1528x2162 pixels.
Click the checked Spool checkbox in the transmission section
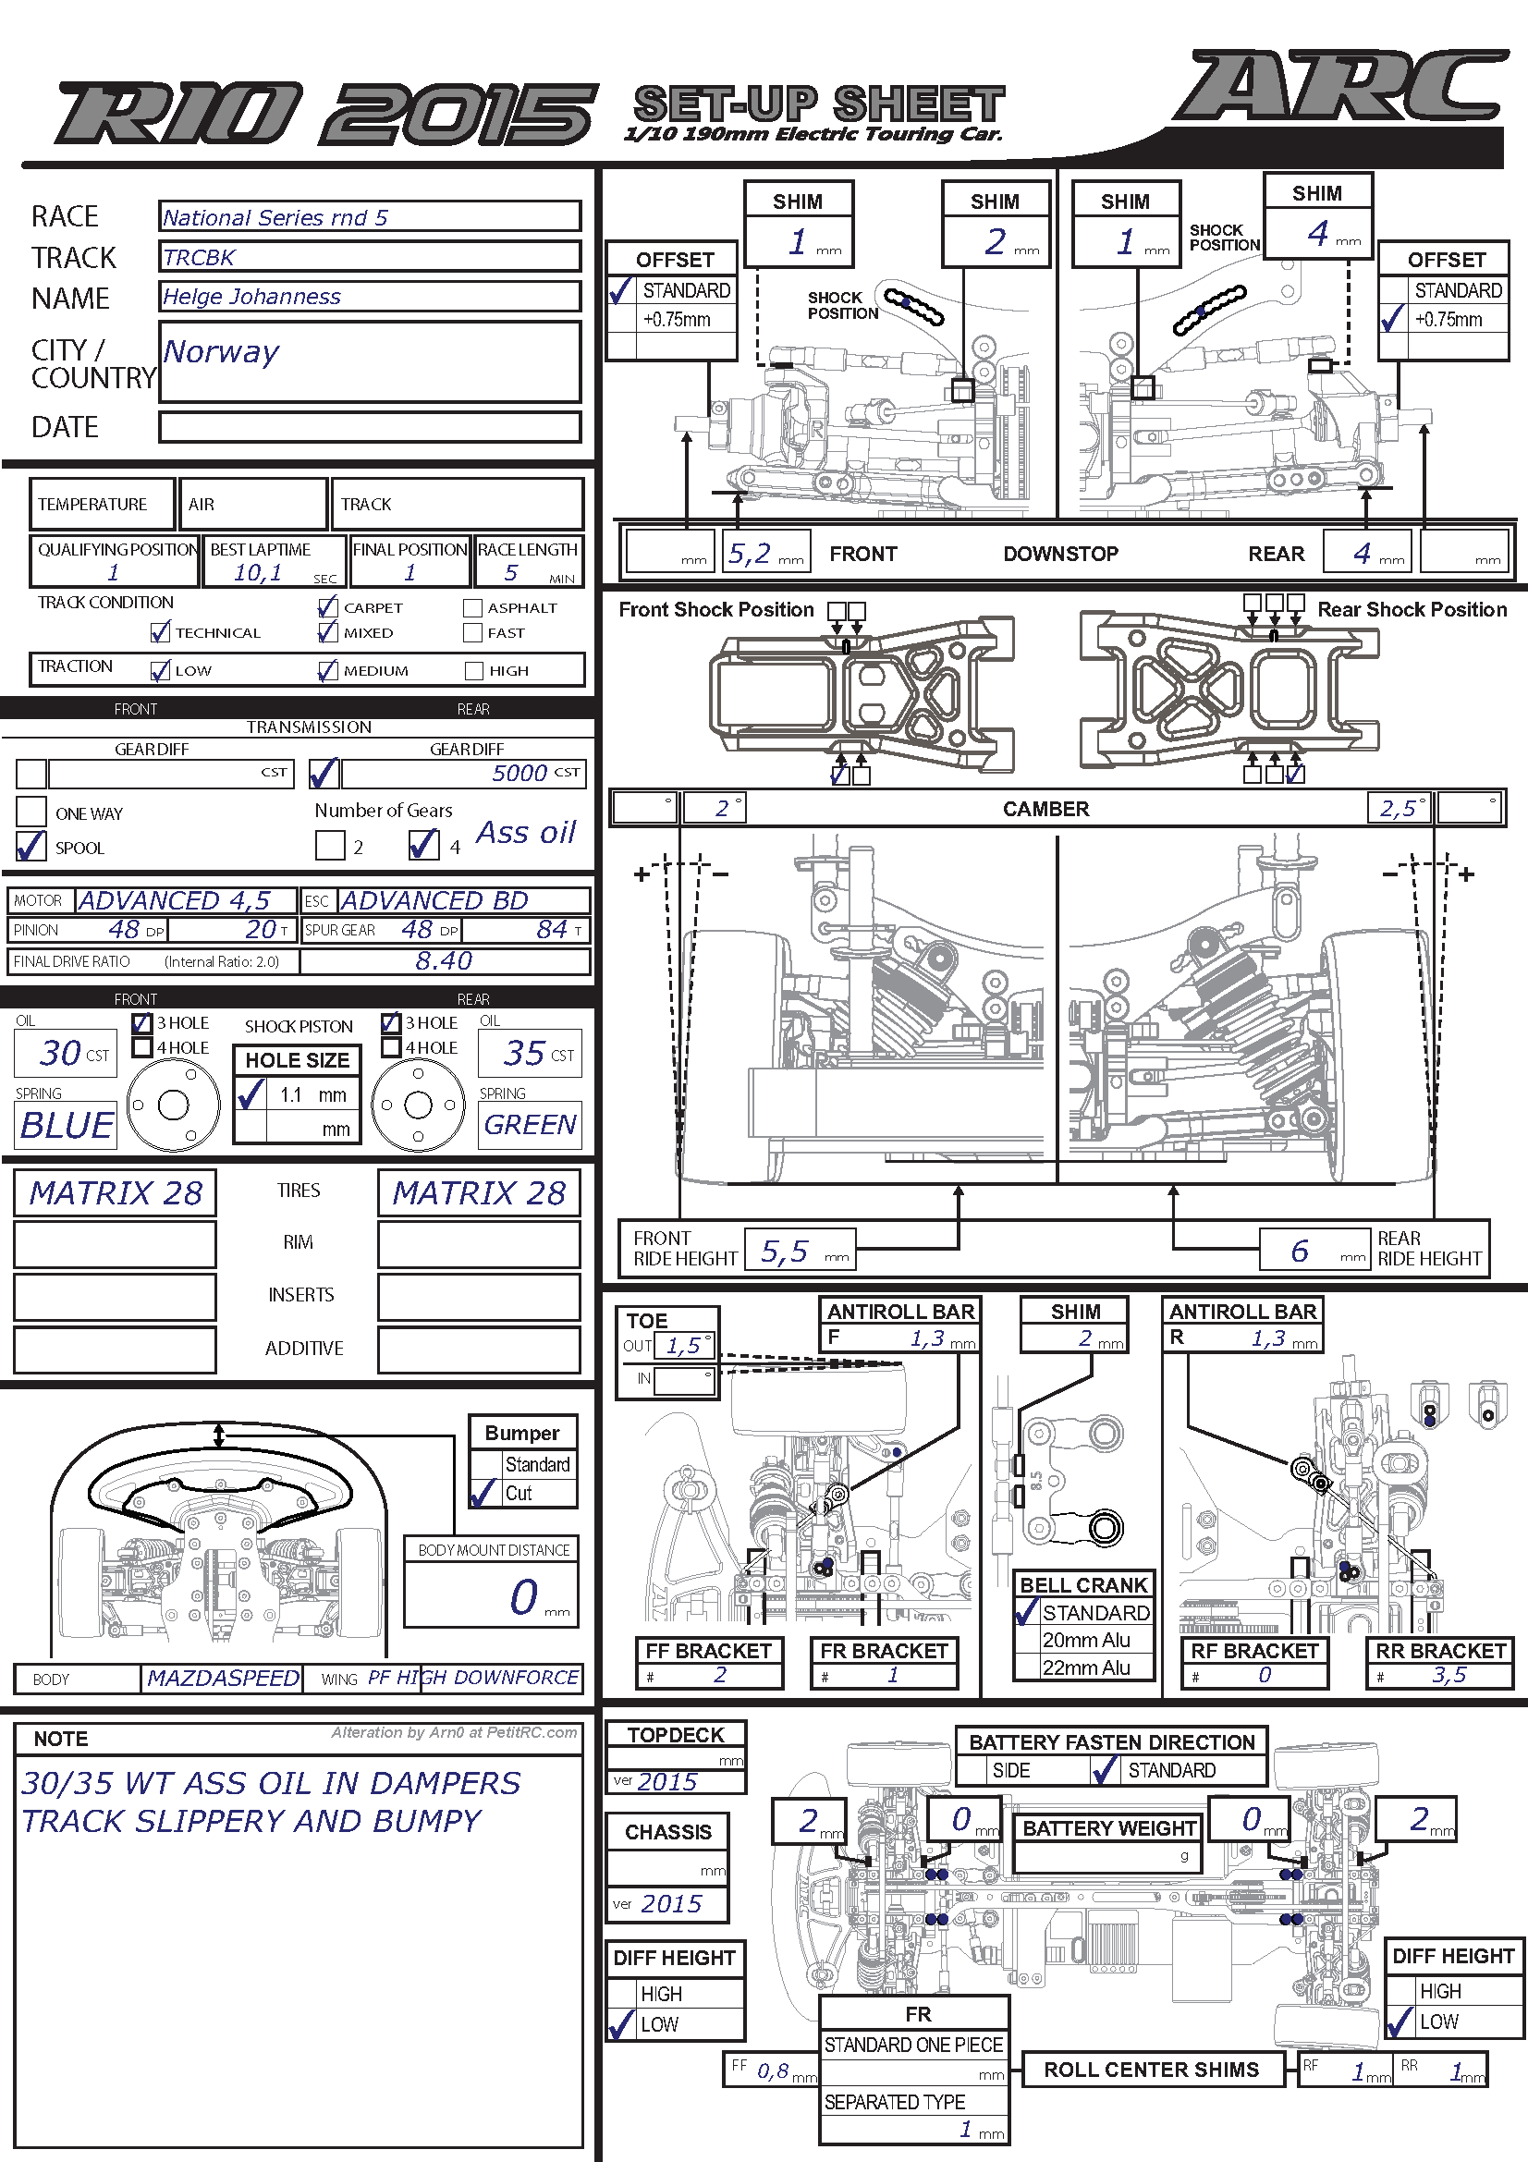(x=31, y=846)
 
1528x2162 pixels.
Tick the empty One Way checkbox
(x=31, y=811)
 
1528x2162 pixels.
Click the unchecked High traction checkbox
(x=473, y=670)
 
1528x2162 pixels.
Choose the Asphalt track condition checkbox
(x=472, y=608)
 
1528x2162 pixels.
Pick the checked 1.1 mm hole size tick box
(x=251, y=1093)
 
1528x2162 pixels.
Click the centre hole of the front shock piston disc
(x=173, y=1105)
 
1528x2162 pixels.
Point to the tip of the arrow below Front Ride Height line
(x=959, y=1186)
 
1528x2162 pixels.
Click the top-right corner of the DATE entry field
(x=580, y=412)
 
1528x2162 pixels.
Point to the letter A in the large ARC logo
(x=1233, y=87)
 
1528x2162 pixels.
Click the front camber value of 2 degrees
(x=722, y=809)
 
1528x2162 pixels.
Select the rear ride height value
(x=1300, y=1251)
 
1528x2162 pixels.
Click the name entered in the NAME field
(x=251, y=297)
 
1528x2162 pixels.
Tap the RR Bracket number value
(x=1449, y=1674)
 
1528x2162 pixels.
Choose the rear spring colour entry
(x=530, y=1124)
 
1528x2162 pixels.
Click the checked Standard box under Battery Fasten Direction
(x=1105, y=1770)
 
